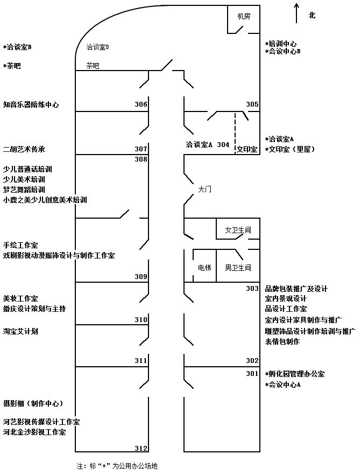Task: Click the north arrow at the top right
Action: [296, 12]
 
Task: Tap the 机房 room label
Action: [244, 17]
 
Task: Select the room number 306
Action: [141, 104]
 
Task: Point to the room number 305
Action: [252, 104]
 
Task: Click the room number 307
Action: [141, 149]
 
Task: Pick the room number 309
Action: [141, 277]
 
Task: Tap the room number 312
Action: [141, 448]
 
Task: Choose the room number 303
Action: [252, 289]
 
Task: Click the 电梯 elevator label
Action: [204, 268]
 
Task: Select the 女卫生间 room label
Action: [238, 230]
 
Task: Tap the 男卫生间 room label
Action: [238, 268]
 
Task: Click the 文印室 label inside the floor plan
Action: [247, 149]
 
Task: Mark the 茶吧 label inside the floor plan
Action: [93, 66]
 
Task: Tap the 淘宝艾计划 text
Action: [20, 332]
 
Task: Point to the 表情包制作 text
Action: [282, 341]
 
